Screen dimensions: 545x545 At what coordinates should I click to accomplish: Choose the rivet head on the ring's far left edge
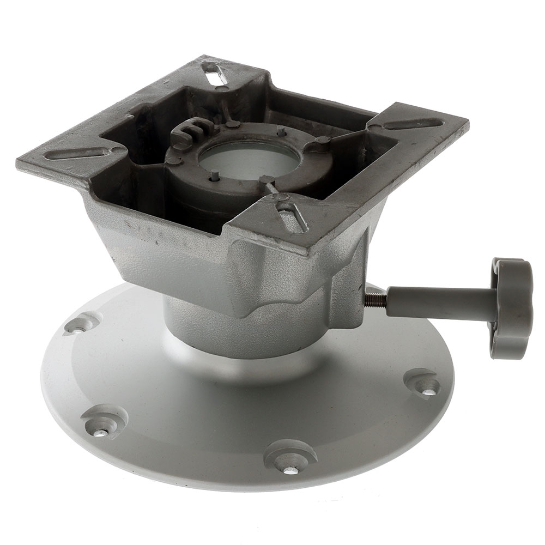tap(173, 160)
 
